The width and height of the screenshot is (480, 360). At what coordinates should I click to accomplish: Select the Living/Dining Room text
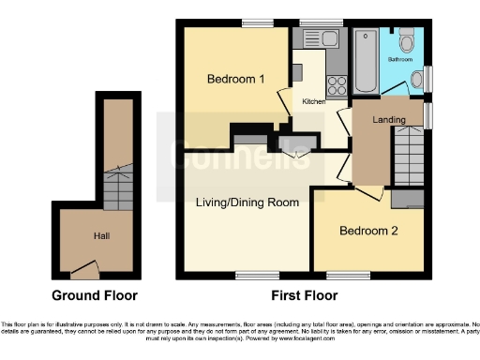tap(247, 202)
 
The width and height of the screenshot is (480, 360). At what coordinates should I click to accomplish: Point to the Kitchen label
tap(312, 100)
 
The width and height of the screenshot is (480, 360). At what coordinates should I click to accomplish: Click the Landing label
tap(388, 120)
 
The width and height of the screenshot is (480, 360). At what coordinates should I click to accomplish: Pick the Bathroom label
tap(402, 59)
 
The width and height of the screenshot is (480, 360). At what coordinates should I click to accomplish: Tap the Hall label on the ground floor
tap(100, 235)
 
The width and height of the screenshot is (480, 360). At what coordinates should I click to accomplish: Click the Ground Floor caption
tap(95, 295)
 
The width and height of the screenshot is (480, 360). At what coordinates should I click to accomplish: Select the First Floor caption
tap(300, 295)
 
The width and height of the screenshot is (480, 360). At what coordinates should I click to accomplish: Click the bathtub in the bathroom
tap(367, 58)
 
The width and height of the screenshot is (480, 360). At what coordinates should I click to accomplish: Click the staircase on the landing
tap(406, 155)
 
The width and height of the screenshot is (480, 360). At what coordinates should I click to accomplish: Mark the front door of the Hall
tap(86, 272)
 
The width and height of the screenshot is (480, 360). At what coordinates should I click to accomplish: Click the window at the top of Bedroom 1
tap(251, 23)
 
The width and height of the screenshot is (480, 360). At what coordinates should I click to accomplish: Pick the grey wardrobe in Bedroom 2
tap(406, 200)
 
